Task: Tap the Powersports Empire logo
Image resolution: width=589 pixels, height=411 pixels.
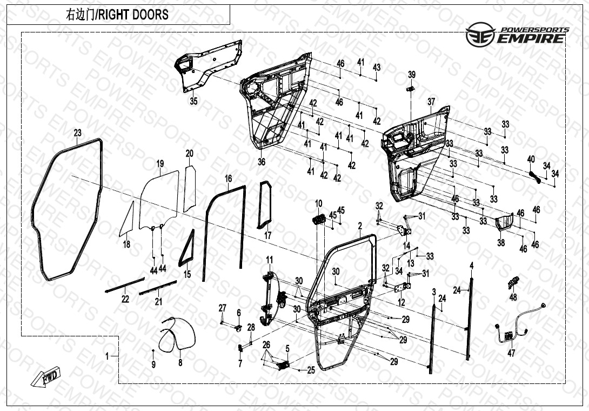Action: [517, 34]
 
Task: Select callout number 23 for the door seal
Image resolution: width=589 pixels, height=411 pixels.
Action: [78, 133]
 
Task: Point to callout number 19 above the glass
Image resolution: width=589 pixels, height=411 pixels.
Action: [160, 163]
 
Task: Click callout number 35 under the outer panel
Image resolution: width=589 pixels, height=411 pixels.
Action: [193, 101]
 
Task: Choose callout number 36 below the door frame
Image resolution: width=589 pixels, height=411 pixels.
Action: [262, 162]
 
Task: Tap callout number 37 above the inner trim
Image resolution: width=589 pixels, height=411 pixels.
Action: [431, 102]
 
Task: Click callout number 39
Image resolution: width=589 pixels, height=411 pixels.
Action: [412, 75]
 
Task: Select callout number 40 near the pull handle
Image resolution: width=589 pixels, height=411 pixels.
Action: [531, 159]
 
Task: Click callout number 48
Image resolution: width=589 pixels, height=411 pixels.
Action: [513, 297]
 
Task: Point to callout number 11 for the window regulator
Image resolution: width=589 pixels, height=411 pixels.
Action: [269, 260]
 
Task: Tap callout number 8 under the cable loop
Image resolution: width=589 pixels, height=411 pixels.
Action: [180, 362]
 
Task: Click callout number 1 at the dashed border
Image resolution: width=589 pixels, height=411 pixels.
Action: [107, 356]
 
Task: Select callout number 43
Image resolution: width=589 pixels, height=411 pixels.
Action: [377, 68]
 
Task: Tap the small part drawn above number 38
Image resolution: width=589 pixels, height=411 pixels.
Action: [504, 221]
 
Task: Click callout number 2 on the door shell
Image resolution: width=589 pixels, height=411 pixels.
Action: [360, 224]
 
